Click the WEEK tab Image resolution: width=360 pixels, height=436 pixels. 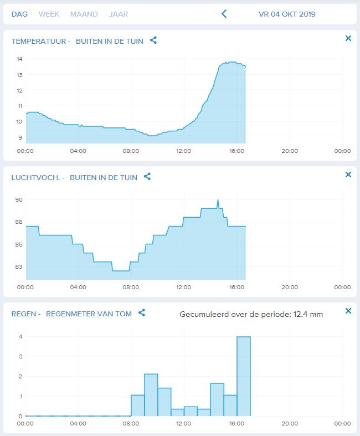(49, 14)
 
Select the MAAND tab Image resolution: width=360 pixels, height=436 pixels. (84, 14)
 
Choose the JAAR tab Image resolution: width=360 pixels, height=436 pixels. (119, 14)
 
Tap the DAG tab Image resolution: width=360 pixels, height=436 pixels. (19, 14)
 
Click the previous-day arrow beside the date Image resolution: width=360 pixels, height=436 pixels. (224, 14)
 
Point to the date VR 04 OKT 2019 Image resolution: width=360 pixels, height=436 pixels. (287, 14)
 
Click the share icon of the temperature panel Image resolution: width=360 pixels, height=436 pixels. (153, 40)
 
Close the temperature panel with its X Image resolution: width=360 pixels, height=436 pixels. (348, 38)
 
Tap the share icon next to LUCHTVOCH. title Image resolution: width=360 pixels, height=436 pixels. (147, 176)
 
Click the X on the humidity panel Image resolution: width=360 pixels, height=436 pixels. (348, 175)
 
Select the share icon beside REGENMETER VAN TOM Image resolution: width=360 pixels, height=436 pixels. (142, 312)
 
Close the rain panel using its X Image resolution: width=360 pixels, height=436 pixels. (348, 311)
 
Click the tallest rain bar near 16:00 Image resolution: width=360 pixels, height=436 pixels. (244, 377)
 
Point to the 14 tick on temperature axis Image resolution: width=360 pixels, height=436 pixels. (19, 59)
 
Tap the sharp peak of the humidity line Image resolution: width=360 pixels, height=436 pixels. (218, 200)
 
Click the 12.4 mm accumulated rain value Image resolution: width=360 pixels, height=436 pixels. (310, 314)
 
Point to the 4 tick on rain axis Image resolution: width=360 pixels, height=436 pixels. (20, 336)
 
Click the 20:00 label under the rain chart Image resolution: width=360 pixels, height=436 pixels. (290, 423)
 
